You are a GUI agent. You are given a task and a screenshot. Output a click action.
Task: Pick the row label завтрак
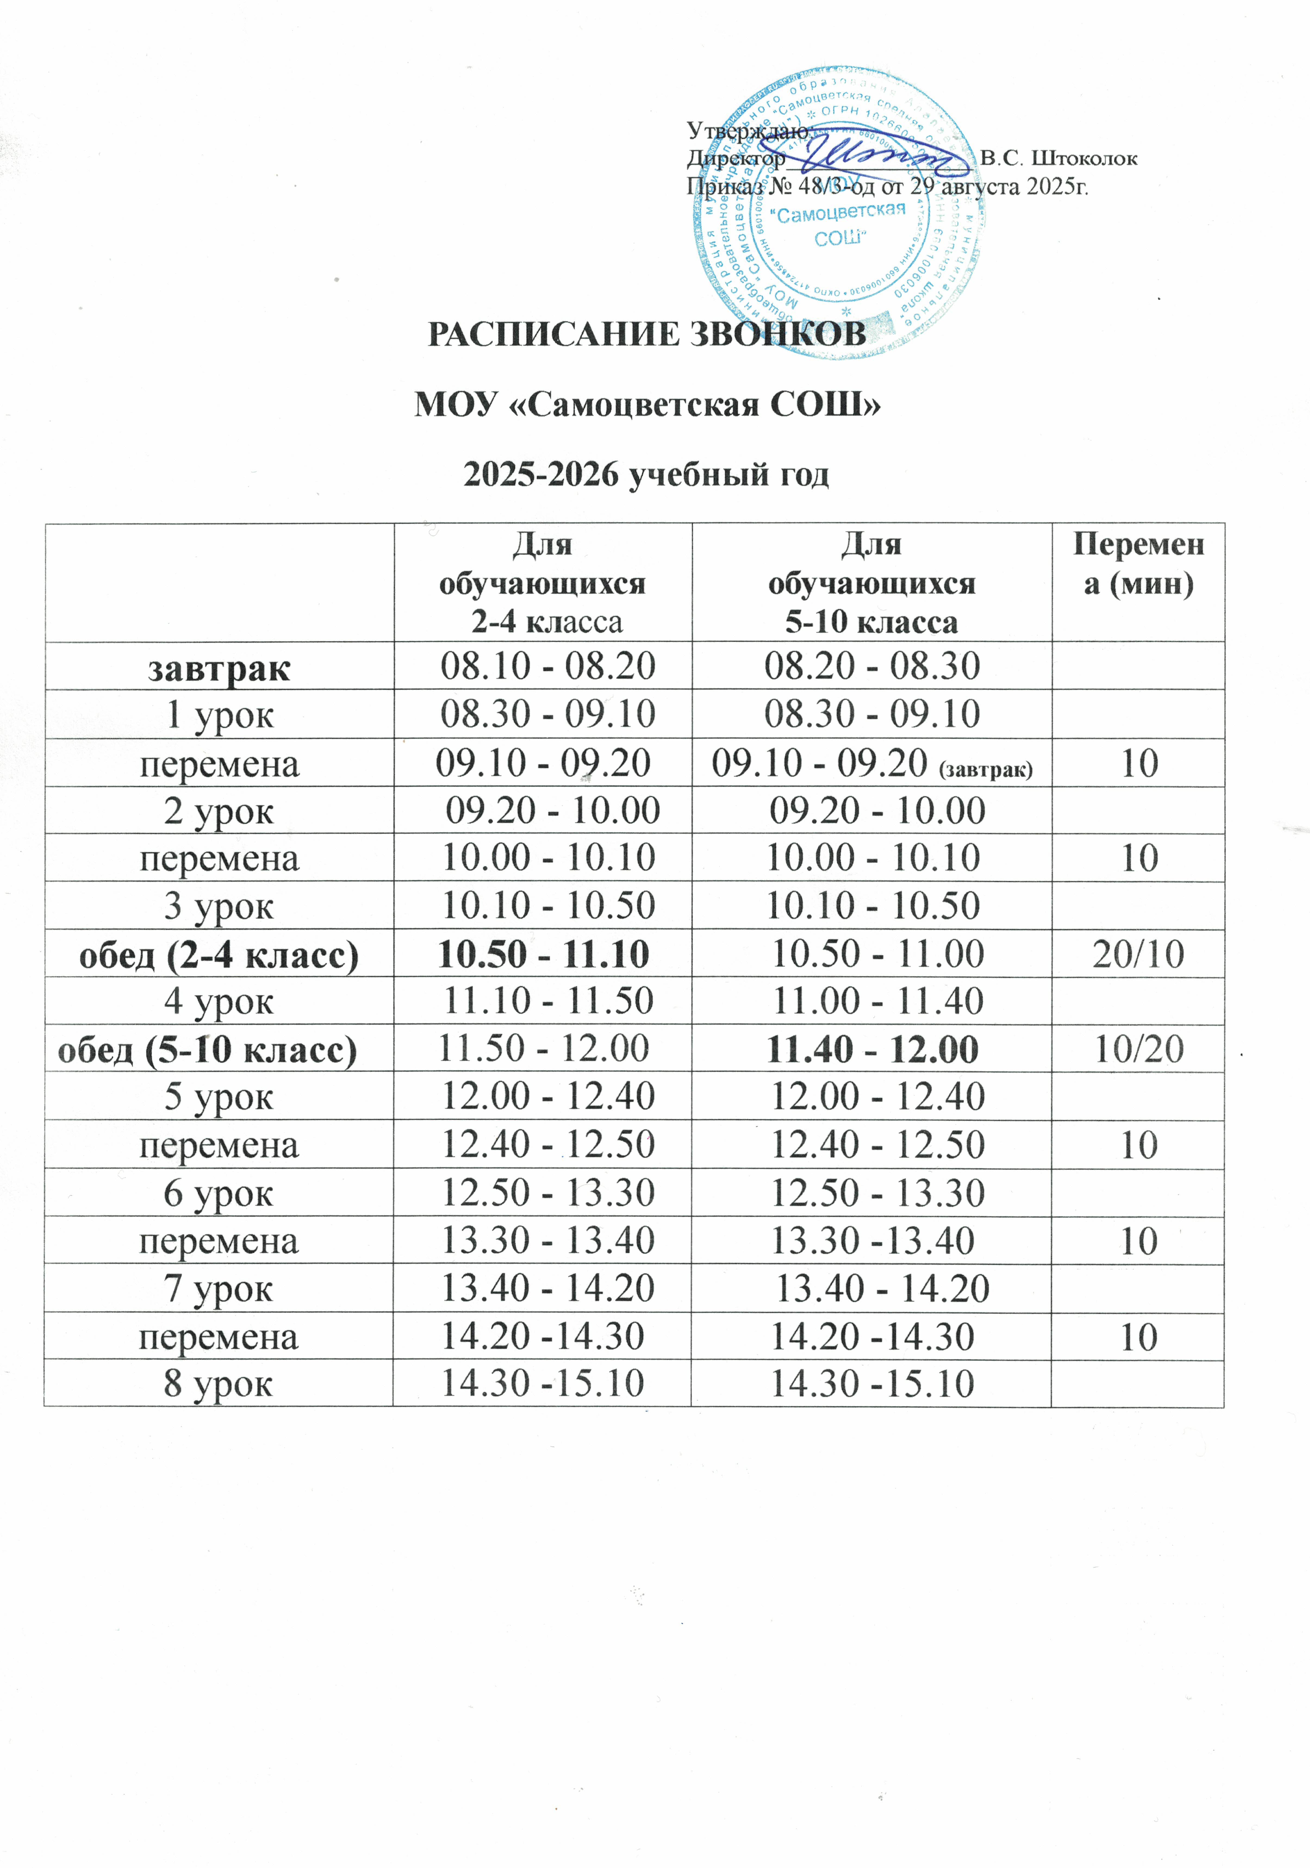(219, 668)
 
